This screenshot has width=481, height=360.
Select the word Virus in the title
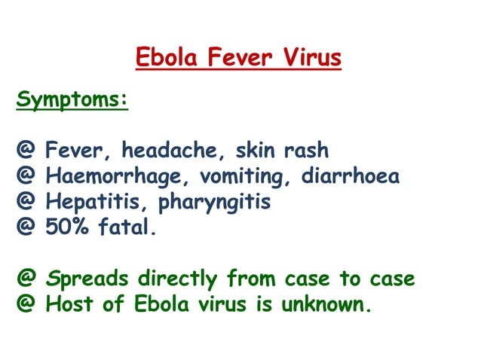click(307, 57)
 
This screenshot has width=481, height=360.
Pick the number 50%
click(69, 228)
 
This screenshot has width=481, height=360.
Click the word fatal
click(129, 228)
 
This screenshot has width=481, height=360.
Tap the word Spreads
click(87, 280)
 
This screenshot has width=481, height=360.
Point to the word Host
click(72, 305)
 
